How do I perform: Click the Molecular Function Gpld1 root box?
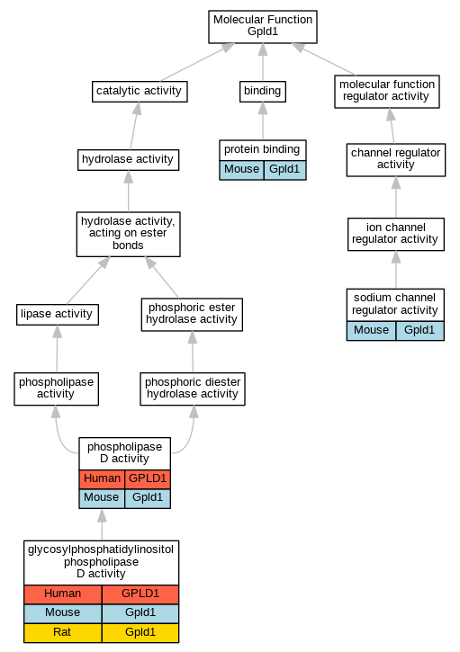click(263, 27)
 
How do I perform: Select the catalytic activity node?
click(140, 92)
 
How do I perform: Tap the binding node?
click(263, 92)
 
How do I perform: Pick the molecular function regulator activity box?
click(387, 92)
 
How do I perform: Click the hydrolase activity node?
click(128, 160)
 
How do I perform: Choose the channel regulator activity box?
click(396, 160)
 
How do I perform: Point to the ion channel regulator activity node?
click(396, 235)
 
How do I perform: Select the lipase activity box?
click(58, 315)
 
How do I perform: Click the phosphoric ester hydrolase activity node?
click(192, 315)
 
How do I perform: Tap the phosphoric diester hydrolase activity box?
click(193, 389)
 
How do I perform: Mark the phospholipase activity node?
click(56, 389)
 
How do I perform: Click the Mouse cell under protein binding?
click(241, 170)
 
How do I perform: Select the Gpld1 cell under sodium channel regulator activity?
click(419, 331)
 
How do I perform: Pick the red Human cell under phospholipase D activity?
click(102, 479)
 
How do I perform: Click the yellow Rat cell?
click(62, 633)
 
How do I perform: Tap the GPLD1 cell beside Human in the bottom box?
click(140, 594)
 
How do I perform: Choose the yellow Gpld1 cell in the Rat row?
click(140, 633)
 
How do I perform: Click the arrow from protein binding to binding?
click(263, 121)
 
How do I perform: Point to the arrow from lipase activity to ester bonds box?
click(88, 281)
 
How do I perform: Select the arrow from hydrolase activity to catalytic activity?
click(134, 126)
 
